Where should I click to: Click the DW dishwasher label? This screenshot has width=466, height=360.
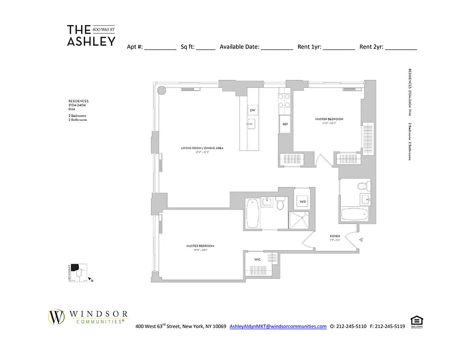coord(253,110)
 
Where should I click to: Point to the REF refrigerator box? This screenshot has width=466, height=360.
coord(285,124)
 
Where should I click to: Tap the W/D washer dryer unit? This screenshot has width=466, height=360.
coord(303,202)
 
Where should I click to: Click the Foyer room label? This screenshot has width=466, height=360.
coord(335,236)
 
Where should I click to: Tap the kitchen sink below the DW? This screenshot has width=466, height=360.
coord(252,123)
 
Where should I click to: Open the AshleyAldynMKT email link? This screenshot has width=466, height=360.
coord(278,327)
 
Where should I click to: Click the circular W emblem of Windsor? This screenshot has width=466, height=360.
coord(57,316)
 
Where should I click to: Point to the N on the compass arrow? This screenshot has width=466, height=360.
coord(92,281)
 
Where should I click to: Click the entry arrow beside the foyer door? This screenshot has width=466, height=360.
coord(361,240)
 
